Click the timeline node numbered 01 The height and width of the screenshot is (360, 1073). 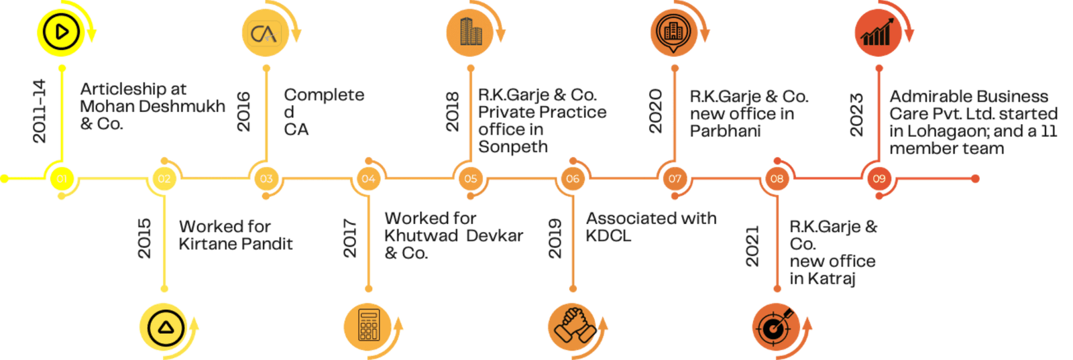[x=62, y=178]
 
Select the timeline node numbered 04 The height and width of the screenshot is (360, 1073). [x=368, y=178]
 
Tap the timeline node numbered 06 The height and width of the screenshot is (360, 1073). [x=572, y=178]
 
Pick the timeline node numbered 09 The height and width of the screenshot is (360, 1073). [x=879, y=178]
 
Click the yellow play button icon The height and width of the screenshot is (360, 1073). [x=61, y=32]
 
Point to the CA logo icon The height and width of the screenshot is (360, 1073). [x=266, y=33]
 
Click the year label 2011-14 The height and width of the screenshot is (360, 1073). [x=40, y=111]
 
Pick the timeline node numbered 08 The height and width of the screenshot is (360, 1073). [x=777, y=178]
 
